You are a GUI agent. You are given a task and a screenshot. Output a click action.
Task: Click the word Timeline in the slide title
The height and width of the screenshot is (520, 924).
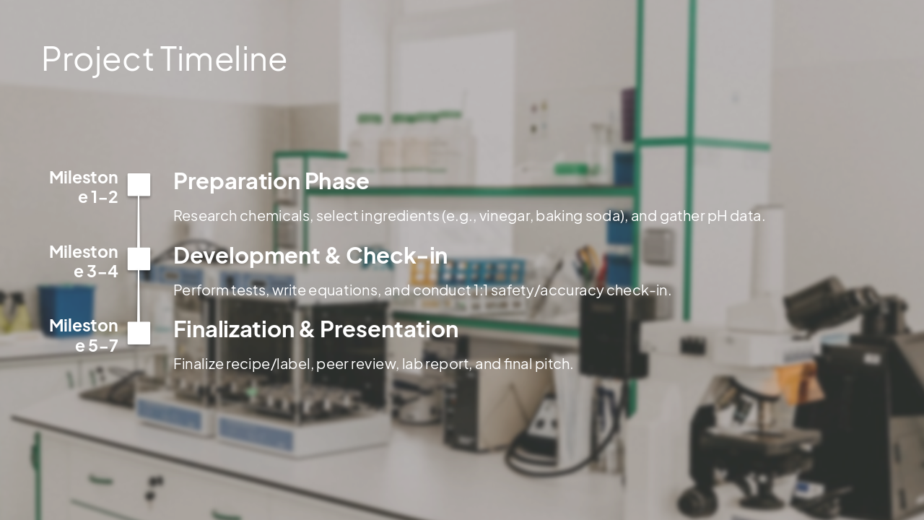[x=223, y=59]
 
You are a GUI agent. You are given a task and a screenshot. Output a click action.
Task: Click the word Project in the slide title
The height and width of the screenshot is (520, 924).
[x=97, y=59]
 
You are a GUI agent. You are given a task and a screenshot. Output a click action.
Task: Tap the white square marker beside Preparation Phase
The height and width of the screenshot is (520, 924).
[x=139, y=185]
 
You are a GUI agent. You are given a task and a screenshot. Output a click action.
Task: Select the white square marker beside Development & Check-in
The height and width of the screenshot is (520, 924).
[x=139, y=259]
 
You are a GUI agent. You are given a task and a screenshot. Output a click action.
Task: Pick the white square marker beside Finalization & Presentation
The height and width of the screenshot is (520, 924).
[x=139, y=333]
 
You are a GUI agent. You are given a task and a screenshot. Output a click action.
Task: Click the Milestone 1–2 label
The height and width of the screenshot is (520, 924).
[x=84, y=187]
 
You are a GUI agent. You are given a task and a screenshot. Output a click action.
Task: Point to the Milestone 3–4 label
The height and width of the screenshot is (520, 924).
[x=84, y=261]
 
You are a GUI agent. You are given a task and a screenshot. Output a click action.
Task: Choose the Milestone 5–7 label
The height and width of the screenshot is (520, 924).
[x=84, y=335]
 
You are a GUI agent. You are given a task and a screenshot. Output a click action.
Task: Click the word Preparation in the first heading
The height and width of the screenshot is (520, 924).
[x=236, y=181]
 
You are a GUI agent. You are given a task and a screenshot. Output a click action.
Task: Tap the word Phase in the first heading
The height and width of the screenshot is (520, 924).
[x=336, y=181]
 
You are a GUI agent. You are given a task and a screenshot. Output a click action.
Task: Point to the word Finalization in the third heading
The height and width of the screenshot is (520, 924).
[x=234, y=329]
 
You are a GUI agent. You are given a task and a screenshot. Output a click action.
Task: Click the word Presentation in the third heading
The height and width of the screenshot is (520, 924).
[x=388, y=329]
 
